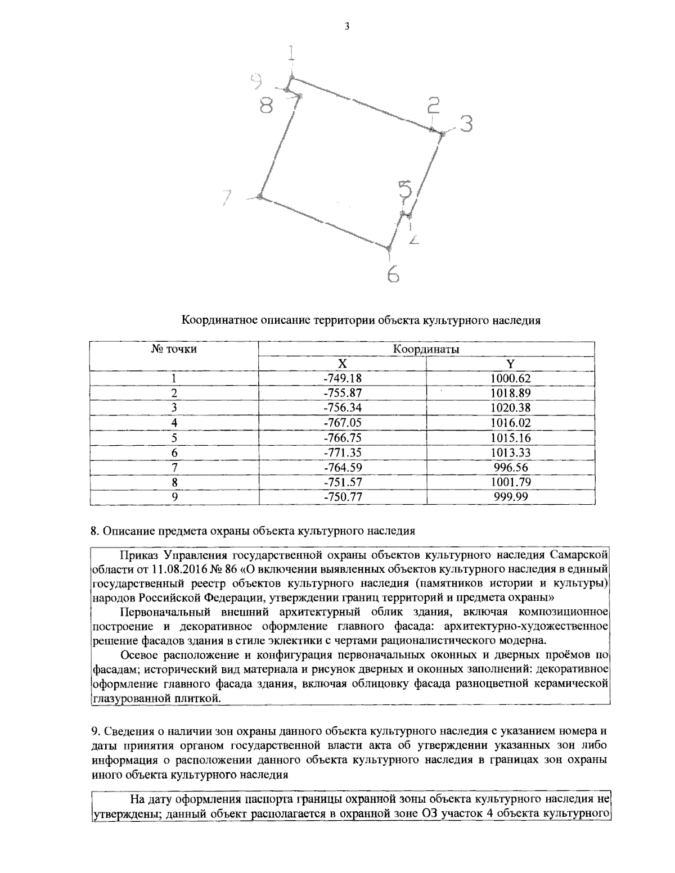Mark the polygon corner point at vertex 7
click(x=259, y=196)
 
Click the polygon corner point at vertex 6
click(x=388, y=247)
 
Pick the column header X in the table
click(x=341, y=364)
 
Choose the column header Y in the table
click(x=511, y=364)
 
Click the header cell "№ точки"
click(x=173, y=349)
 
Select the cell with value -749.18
click(x=341, y=378)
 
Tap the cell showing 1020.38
click(x=511, y=408)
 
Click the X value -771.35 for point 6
click(x=341, y=453)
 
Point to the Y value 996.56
click(x=511, y=467)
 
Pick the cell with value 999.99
click(x=511, y=497)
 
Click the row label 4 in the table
click(x=174, y=423)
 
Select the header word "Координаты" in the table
click(x=426, y=349)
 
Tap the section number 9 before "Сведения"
click(x=94, y=731)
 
